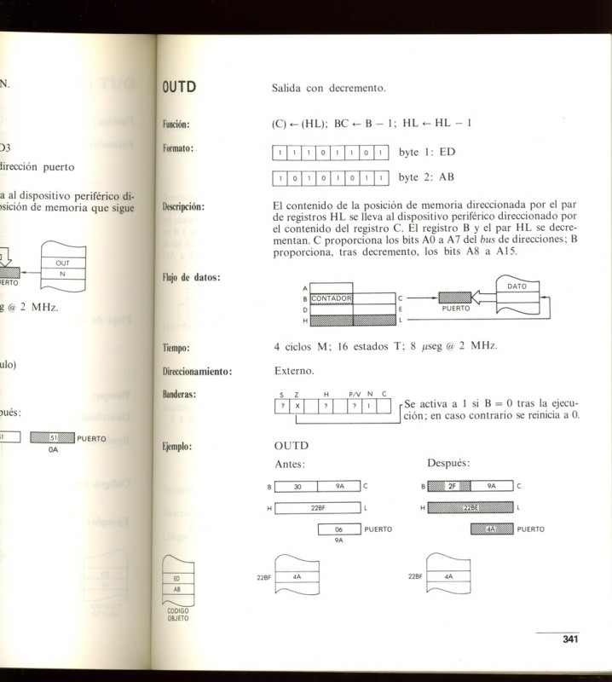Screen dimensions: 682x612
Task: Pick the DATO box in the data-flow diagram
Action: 517,286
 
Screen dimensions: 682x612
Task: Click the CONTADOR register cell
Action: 332,298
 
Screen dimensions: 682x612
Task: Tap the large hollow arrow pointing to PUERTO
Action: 483,298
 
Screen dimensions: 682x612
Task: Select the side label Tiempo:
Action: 176,349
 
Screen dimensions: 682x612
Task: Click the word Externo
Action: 295,372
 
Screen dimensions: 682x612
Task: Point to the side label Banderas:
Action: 179,395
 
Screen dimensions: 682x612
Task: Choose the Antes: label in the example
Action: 290,464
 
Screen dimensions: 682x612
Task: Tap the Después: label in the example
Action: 447,464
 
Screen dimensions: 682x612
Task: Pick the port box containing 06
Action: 338,529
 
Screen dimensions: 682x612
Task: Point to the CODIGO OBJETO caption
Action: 177,615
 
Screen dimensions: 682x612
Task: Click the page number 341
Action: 570,640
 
